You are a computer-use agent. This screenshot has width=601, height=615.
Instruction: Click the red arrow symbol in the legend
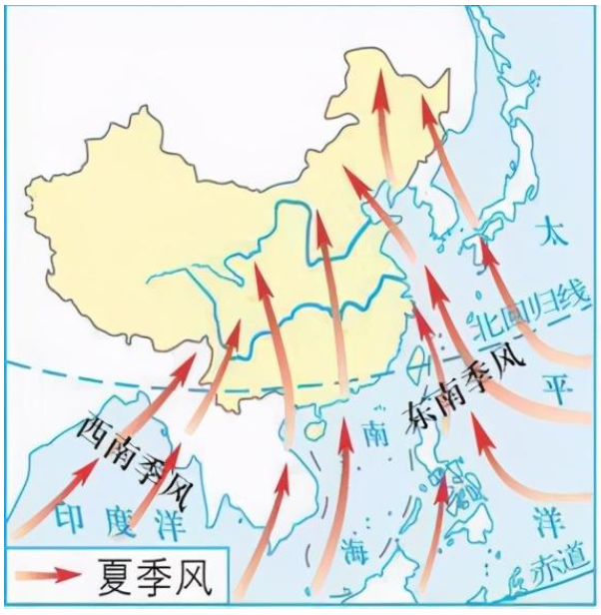click(x=50, y=577)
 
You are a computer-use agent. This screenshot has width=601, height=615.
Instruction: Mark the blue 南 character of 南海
click(x=372, y=435)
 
